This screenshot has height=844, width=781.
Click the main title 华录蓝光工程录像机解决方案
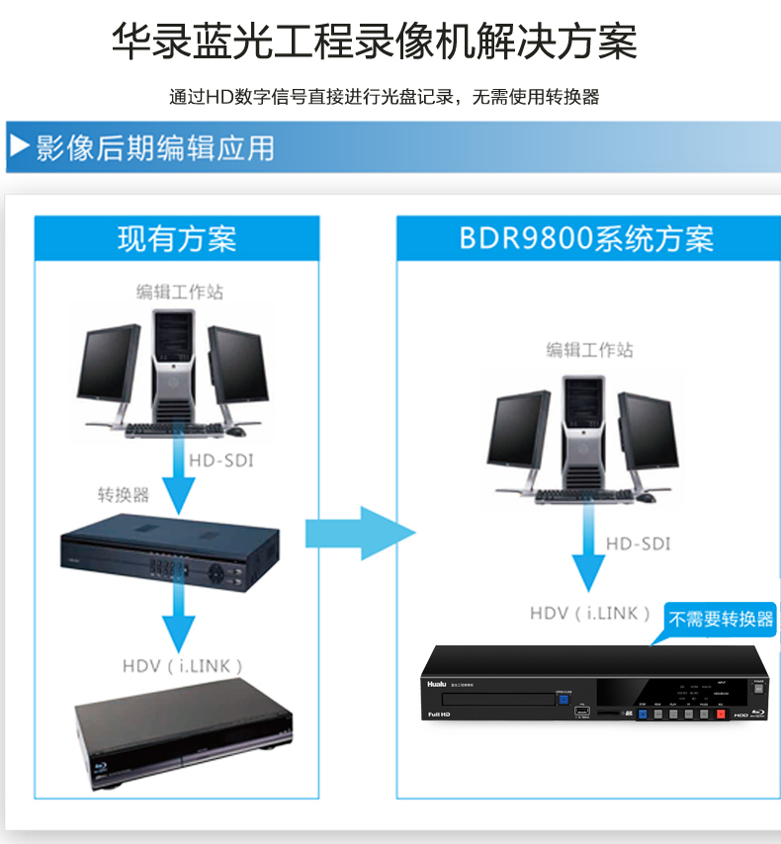(x=374, y=42)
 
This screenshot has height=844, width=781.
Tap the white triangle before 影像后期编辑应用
(x=19, y=147)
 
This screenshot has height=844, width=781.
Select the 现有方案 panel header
(x=177, y=239)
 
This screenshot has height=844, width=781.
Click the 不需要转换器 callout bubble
(x=721, y=620)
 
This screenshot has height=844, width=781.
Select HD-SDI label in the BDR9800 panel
(x=638, y=544)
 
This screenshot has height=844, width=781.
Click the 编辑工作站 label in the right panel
(x=589, y=350)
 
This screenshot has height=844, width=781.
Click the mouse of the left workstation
(x=235, y=431)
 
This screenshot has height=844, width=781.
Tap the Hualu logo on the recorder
(x=437, y=682)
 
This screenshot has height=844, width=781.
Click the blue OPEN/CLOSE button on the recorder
(x=564, y=701)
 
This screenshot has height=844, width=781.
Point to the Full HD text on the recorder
(x=440, y=714)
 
